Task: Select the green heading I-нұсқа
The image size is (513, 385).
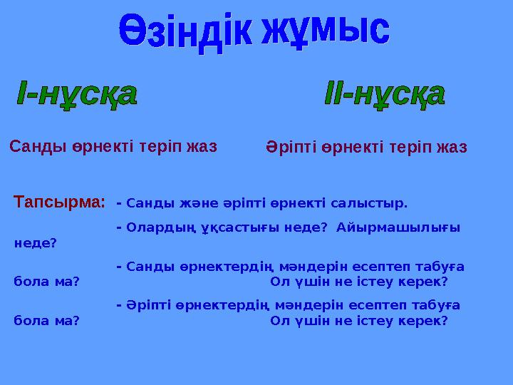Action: coord(76,97)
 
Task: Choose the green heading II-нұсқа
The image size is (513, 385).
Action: coord(385,97)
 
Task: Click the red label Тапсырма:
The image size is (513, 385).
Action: coord(60,202)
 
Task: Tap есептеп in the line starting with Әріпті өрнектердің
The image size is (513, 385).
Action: coord(377,306)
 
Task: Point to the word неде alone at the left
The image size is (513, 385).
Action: coord(35,243)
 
